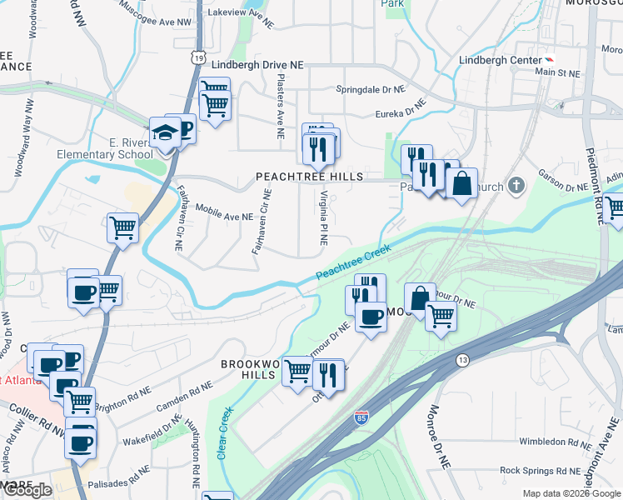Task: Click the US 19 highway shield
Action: pyautogui.click(x=197, y=56)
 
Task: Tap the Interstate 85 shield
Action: pyautogui.click(x=361, y=416)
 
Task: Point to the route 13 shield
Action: pyautogui.click(x=462, y=359)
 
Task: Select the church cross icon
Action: pyautogui.click(x=516, y=184)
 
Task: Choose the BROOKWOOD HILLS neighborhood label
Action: pyautogui.click(x=248, y=369)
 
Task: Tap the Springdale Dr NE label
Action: pyautogui.click(x=370, y=88)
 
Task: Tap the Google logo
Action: pyautogui.click(x=27, y=490)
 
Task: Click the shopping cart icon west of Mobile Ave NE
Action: pyautogui.click(x=122, y=226)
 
